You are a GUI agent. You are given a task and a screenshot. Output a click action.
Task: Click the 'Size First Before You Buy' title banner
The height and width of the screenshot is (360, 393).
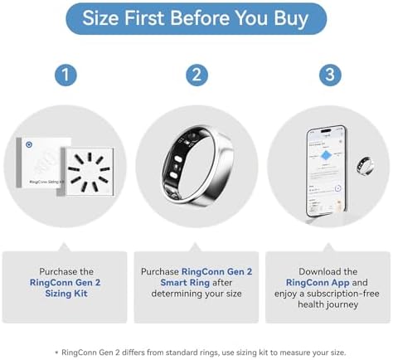[x=196, y=19]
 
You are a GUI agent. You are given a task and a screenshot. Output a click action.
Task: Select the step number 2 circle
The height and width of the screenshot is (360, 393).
[x=196, y=75]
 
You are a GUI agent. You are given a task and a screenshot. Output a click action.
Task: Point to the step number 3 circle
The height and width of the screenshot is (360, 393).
[x=327, y=75]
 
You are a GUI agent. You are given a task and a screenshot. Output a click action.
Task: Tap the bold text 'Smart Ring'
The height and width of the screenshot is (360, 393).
[x=196, y=282]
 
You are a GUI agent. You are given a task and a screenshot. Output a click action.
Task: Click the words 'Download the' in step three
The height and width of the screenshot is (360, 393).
[x=327, y=271]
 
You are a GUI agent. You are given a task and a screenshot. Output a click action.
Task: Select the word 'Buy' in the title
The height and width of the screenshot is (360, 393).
[x=285, y=19]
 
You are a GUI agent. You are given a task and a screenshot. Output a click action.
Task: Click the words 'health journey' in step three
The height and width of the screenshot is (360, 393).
[x=327, y=304]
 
